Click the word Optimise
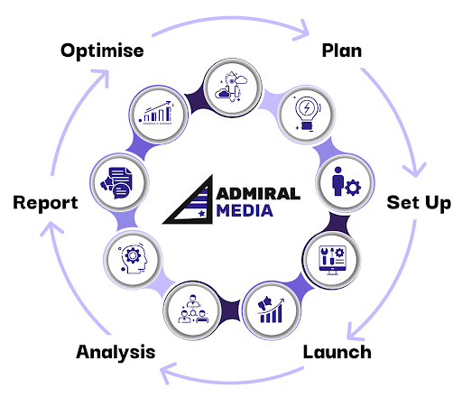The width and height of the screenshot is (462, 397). [102, 51]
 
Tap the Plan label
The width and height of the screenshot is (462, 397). [342, 51]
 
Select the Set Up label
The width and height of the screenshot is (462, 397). [419, 203]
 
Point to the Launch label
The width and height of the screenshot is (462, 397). [337, 352]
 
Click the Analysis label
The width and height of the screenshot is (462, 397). [115, 353]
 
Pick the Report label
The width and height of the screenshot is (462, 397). [45, 203]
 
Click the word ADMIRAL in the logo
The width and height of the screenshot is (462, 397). [258, 194]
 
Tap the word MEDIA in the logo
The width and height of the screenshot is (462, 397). [245, 210]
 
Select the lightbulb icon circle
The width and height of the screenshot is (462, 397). [307, 115]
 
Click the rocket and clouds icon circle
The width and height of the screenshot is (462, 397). [232, 88]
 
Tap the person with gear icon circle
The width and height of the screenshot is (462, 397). [345, 182]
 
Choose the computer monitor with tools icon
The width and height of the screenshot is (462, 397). [332, 260]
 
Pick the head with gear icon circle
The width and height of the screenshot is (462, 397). [134, 259]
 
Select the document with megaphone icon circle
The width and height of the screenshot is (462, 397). [119, 182]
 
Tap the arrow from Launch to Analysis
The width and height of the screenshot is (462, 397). [232, 382]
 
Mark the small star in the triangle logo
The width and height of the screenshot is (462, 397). [202, 214]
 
